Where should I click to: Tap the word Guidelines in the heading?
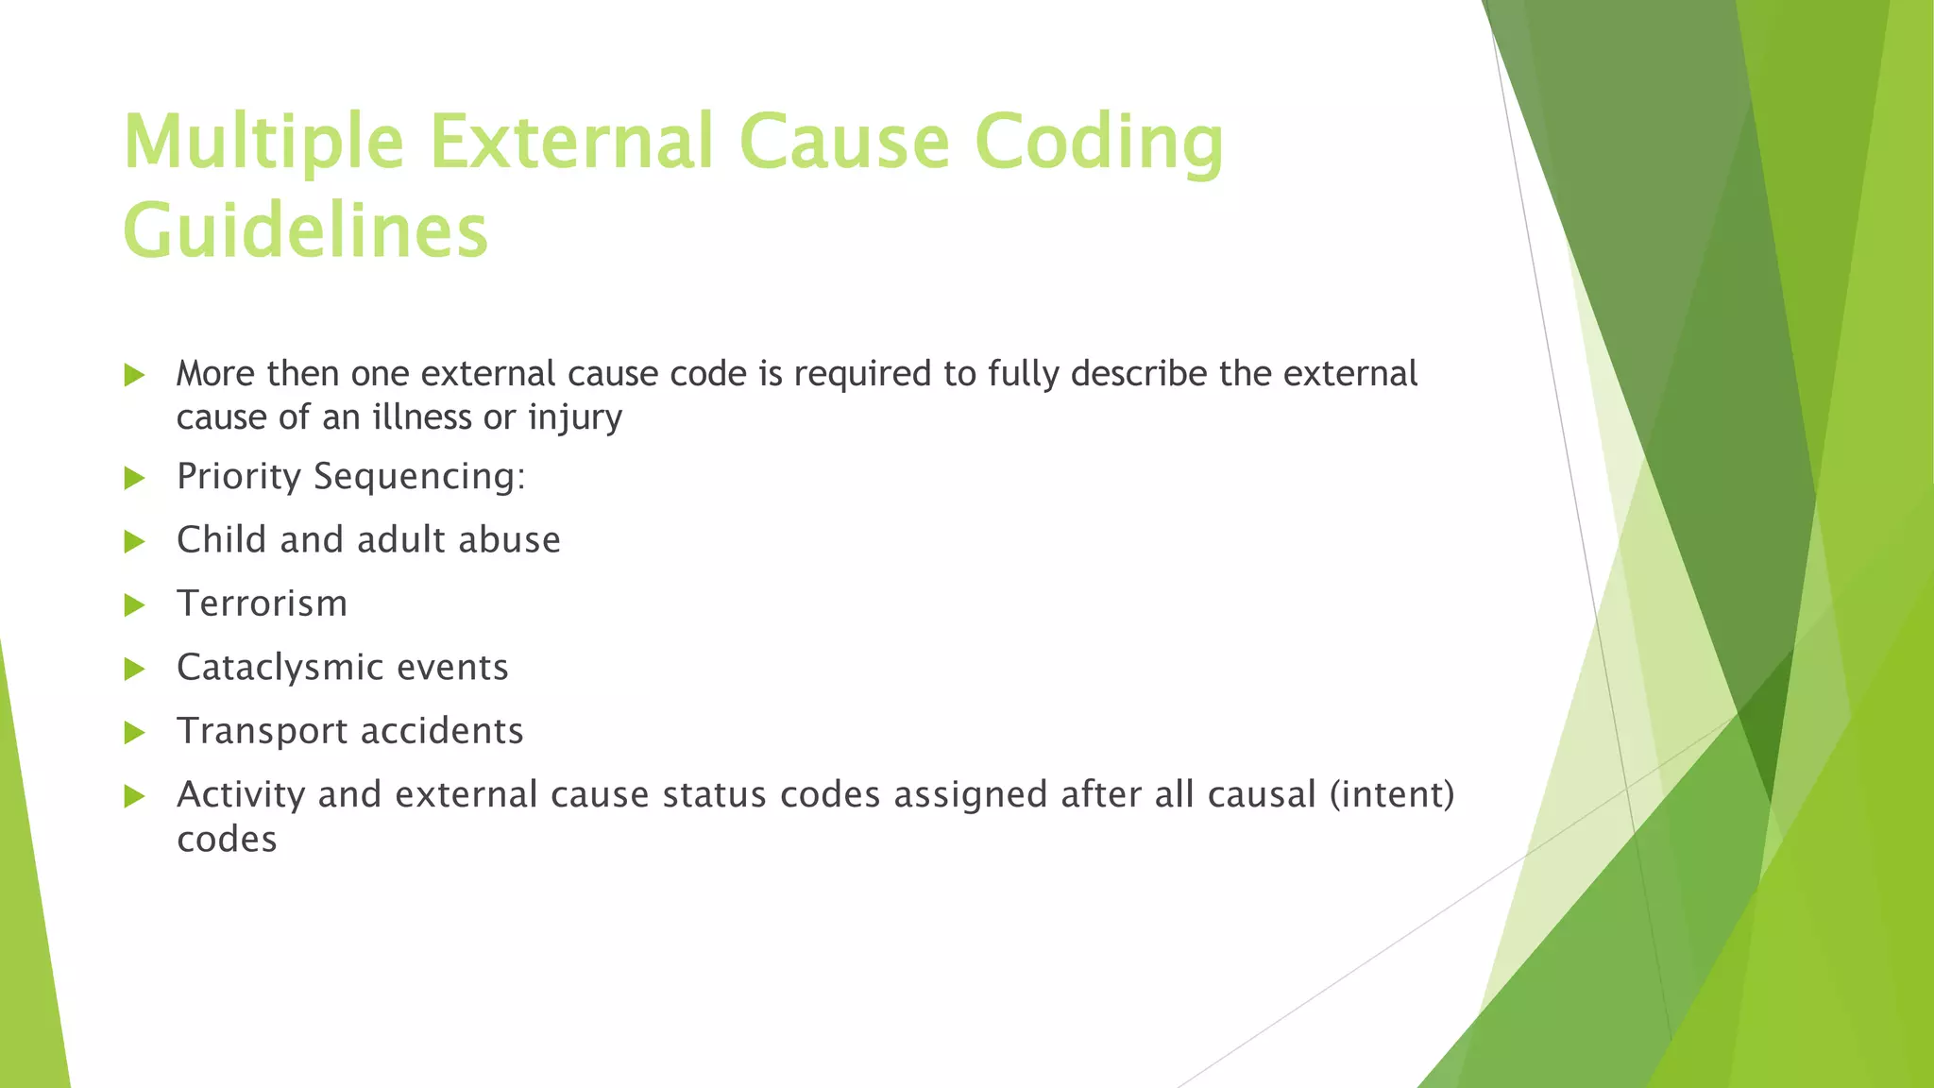pyautogui.click(x=305, y=231)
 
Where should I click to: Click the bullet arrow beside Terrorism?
pyautogui.click(x=134, y=605)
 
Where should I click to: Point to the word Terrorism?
pyautogui.click(x=262, y=603)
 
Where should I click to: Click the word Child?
pyautogui.click(x=221, y=540)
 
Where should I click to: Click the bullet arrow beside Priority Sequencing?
pyautogui.click(x=134, y=478)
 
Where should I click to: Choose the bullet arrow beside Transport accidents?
pyautogui.click(x=134, y=733)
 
